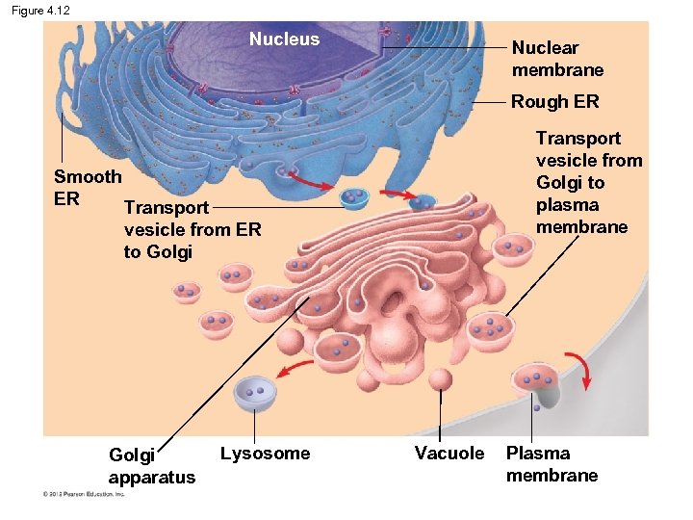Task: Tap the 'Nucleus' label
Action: (x=284, y=39)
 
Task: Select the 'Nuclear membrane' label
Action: (x=557, y=59)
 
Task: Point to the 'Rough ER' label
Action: (x=554, y=102)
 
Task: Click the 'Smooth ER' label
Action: (x=87, y=188)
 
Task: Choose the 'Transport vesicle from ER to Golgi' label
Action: (x=192, y=229)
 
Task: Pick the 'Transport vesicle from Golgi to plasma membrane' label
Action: (x=588, y=183)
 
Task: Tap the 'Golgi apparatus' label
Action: (x=151, y=465)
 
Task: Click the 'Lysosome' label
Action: (x=265, y=454)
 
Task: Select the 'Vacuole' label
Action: (x=449, y=454)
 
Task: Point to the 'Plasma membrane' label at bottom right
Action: (x=552, y=464)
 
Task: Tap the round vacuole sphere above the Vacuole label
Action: (x=441, y=379)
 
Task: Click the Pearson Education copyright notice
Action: (x=84, y=495)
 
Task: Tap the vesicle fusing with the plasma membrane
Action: (x=534, y=382)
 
